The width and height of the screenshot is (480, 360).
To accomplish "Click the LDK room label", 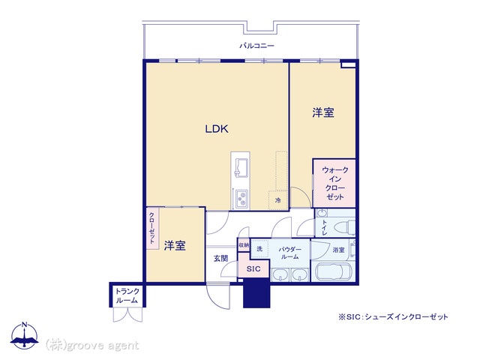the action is tap(217, 129).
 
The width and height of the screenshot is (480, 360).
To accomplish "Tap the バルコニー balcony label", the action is tap(256, 46).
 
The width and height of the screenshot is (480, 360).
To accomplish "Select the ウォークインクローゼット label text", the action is tap(335, 183).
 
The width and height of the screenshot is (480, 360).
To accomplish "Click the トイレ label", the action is tap(324, 228).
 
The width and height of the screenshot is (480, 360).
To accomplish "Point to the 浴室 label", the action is tap(338, 250).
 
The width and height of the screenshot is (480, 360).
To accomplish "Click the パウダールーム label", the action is tap(289, 253).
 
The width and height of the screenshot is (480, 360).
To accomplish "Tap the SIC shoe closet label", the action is tap(253, 269).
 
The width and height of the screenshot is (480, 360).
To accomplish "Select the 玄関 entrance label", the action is tap(220, 258).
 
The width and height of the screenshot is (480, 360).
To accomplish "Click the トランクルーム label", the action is tap(127, 295).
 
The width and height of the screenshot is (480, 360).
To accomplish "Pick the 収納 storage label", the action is tap(244, 245).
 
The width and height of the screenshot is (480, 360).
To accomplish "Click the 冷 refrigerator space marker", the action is tap(278, 200).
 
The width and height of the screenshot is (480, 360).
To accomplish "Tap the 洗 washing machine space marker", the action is tap(259, 248).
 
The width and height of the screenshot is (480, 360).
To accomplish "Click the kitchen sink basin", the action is tap(241, 167).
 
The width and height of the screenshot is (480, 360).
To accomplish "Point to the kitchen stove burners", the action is tap(241, 199).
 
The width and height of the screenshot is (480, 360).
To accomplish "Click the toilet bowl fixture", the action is tap(343, 227).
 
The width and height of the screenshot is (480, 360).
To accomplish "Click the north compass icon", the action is tap(25, 336).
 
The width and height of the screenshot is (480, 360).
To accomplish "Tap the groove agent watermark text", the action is tap(91, 346).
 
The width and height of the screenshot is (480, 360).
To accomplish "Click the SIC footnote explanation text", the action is tap(393, 316).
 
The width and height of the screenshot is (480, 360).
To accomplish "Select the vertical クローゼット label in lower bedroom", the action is tap(151, 228).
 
